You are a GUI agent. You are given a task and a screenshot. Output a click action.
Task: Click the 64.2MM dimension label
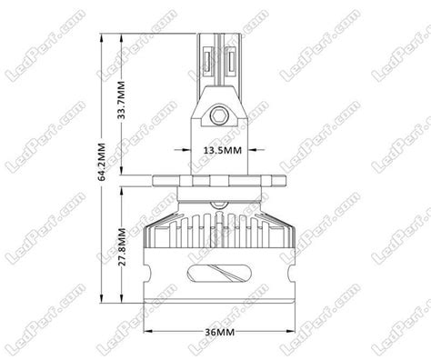102,162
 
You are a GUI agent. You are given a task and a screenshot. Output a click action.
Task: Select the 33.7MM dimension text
122,99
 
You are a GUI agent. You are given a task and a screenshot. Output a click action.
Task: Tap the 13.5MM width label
223,150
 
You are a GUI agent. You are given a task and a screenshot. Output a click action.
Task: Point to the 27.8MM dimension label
122,246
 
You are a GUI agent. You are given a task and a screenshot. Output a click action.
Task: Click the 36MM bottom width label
220,333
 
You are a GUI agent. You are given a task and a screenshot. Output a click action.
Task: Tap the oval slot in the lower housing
219,273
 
